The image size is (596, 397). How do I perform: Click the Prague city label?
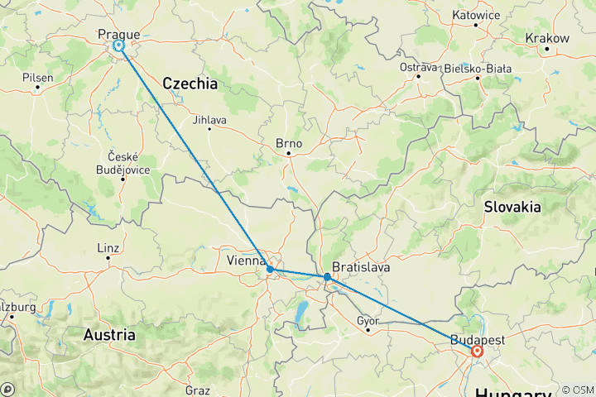coord(118,34)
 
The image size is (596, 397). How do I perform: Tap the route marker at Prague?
coord(119,46)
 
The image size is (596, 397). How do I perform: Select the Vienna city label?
coord(246,261)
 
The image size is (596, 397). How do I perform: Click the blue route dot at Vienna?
coord(271,270)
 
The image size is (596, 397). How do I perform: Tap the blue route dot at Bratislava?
coord(328,276)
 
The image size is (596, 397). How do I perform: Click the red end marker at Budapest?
coord(478,351)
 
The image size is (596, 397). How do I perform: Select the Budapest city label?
coord(478,339)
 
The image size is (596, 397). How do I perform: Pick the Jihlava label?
coord(209,118)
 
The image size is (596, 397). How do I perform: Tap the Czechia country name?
coord(190,84)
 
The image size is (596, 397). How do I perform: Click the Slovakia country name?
coord(512,207)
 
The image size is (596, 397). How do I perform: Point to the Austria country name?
coord(109,335)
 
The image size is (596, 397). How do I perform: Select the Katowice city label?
coord(476,15)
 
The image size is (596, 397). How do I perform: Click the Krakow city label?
coord(547,38)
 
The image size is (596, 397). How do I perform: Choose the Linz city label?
coord(108,247)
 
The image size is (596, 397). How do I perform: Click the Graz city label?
coord(198,390)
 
